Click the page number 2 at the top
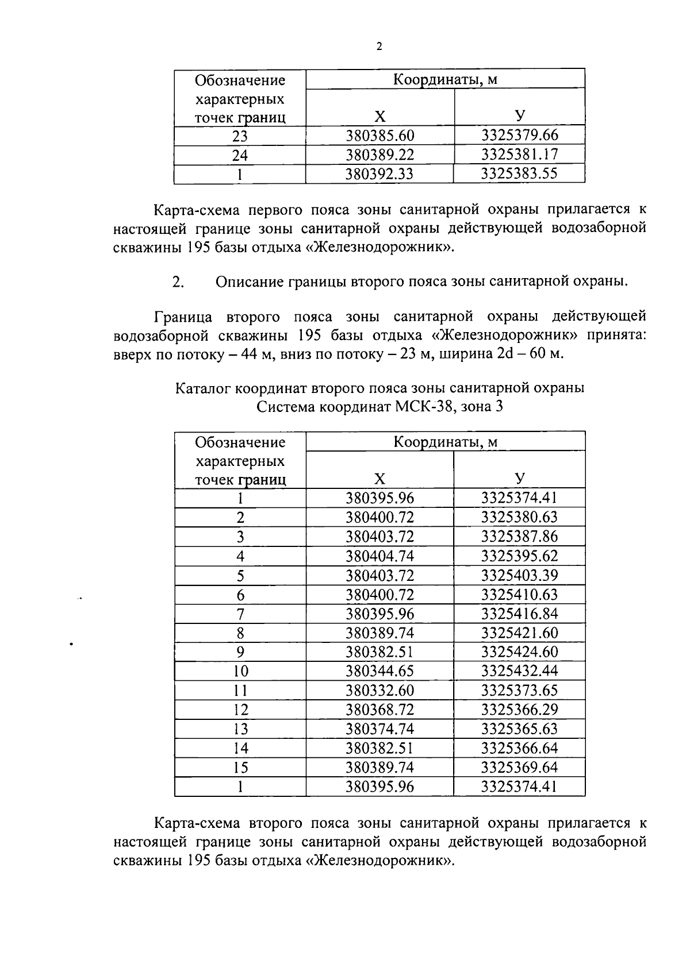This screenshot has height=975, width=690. (x=379, y=47)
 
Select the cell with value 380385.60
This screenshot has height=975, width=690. (x=379, y=136)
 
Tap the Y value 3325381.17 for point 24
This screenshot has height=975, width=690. (x=519, y=155)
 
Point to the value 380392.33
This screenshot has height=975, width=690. (x=379, y=174)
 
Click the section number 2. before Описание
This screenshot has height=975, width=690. (x=178, y=282)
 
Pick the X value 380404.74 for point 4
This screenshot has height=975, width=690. (x=379, y=556)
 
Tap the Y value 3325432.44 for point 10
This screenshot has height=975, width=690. (x=519, y=671)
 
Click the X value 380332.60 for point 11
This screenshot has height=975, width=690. (x=379, y=691)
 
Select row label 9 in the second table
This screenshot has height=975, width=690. (x=240, y=652)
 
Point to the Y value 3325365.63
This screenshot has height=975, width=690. (x=519, y=729)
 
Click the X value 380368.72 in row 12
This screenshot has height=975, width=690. (x=379, y=710)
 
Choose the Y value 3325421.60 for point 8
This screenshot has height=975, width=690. (x=519, y=633)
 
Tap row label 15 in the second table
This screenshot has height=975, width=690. (x=240, y=768)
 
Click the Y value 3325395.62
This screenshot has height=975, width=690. (x=519, y=556)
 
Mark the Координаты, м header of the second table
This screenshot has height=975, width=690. (x=445, y=442)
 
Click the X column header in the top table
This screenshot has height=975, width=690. (x=379, y=117)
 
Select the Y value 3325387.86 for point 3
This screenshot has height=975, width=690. (x=519, y=537)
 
